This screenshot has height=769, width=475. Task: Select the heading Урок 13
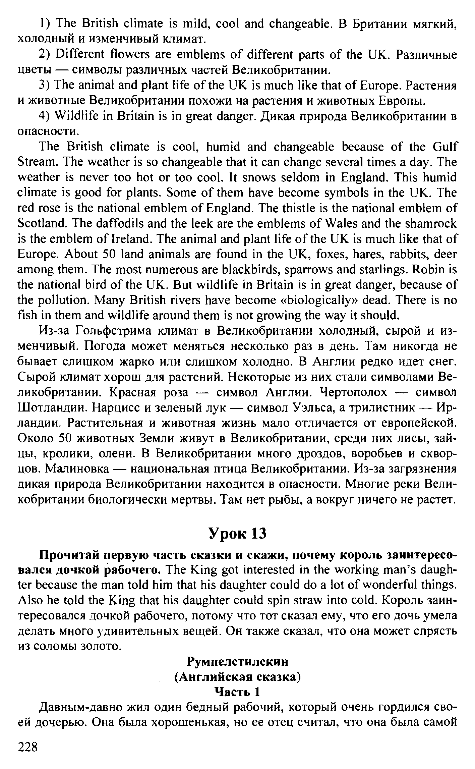237,534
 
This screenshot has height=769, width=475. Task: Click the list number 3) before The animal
45,86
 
